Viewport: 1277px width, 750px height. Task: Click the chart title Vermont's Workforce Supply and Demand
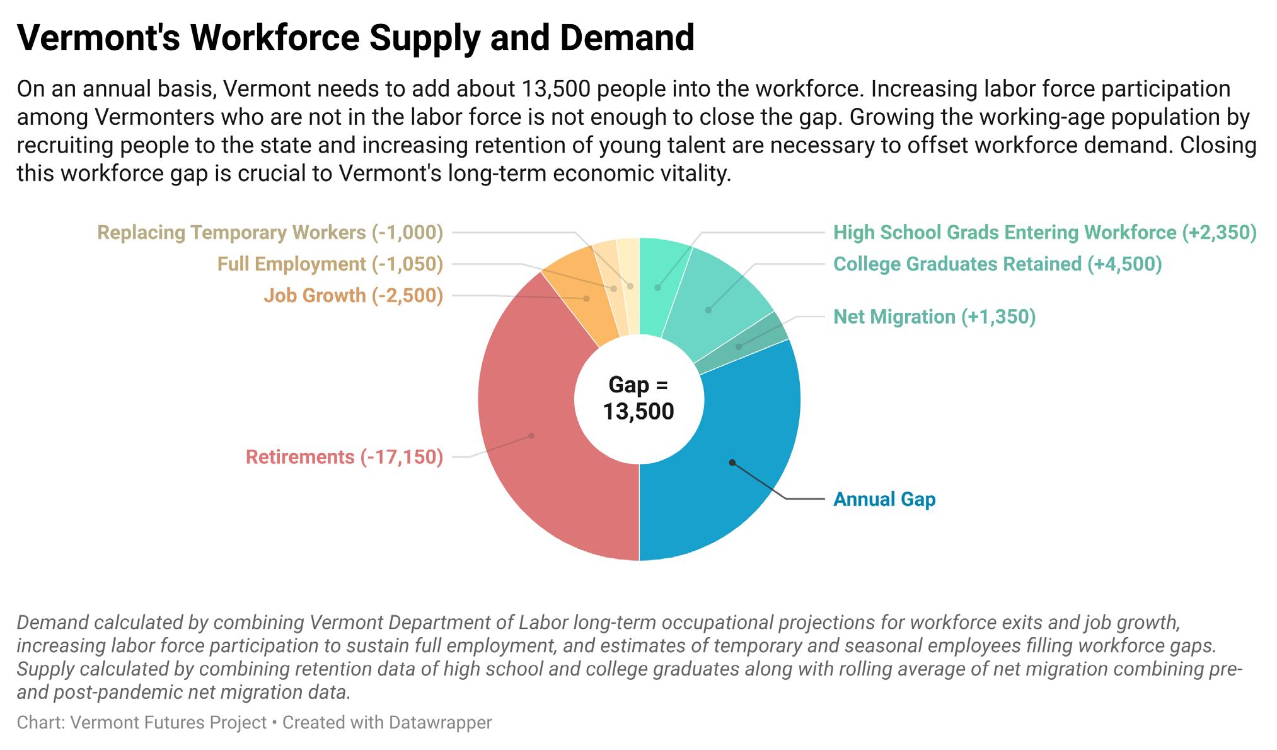[355, 38]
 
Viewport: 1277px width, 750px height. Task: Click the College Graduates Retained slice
[712, 303]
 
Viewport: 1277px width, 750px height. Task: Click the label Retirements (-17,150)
[344, 457]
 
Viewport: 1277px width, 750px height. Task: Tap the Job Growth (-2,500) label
[353, 295]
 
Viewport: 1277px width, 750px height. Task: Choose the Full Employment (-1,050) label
[330, 264]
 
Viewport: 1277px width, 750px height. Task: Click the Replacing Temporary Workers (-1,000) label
[270, 232]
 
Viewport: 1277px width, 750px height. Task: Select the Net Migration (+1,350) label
[934, 316]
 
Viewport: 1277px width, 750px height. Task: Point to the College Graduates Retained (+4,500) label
[997, 264]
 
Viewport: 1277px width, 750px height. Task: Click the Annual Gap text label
[884, 499]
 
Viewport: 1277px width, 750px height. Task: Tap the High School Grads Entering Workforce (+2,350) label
[1044, 232]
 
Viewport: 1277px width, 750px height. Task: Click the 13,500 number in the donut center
[638, 411]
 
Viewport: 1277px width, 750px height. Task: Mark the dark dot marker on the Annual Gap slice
[732, 462]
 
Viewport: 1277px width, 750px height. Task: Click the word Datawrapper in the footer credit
[440, 722]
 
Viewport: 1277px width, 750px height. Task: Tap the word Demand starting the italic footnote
[53, 623]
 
